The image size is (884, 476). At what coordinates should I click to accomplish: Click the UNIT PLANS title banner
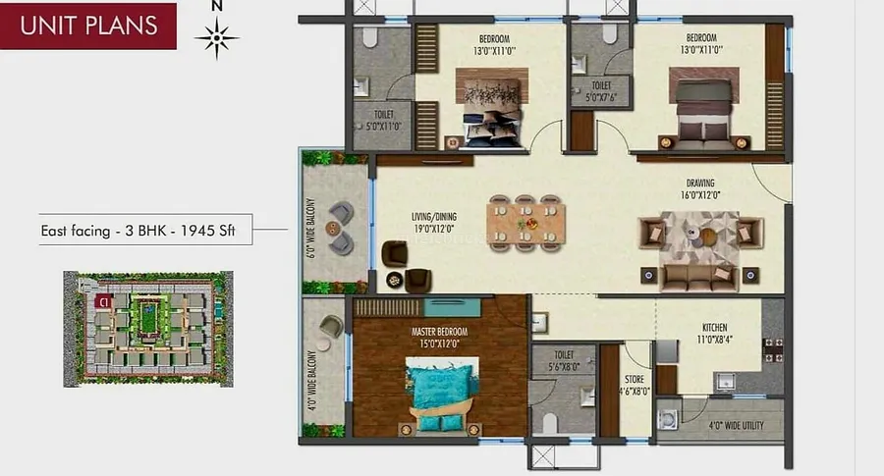[88, 25]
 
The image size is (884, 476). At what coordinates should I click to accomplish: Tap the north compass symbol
[217, 38]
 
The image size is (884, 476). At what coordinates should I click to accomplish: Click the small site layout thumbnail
[148, 325]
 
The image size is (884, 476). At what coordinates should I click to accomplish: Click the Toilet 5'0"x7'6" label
[601, 91]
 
